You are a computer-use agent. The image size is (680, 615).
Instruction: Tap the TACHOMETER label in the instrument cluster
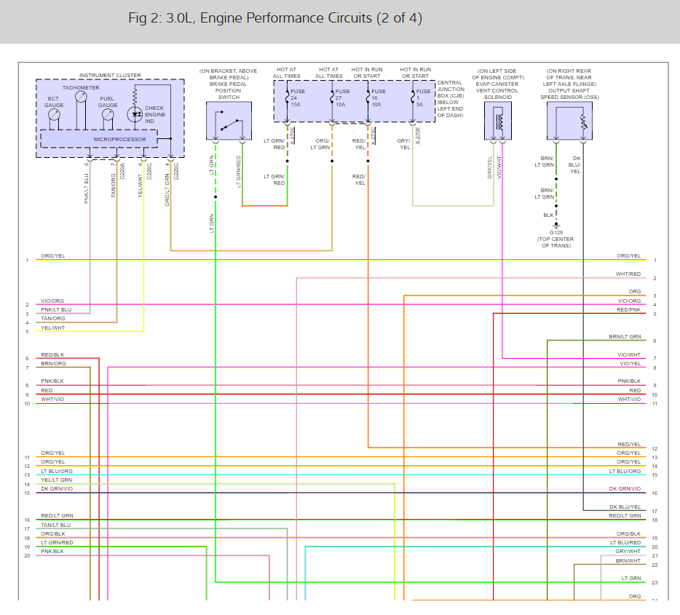81,87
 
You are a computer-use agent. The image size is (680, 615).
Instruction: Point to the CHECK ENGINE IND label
154,115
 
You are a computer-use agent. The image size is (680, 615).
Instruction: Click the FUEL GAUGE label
108,102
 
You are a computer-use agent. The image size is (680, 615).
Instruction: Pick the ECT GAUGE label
54,102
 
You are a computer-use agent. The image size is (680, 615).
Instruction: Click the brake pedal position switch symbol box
228,121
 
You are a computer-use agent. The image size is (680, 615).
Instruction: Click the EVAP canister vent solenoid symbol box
498,120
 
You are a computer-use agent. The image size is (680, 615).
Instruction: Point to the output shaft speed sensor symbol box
570,120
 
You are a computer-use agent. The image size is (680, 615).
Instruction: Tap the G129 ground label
556,232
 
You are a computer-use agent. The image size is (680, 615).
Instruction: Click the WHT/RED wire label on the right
628,274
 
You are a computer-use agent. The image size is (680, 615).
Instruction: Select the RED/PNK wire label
628,310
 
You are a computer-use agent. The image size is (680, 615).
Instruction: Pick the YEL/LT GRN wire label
57,480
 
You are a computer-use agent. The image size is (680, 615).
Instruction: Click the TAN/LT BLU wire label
56,525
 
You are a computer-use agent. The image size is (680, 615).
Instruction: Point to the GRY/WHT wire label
628,552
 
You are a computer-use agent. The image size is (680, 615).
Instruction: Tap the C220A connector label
122,171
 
